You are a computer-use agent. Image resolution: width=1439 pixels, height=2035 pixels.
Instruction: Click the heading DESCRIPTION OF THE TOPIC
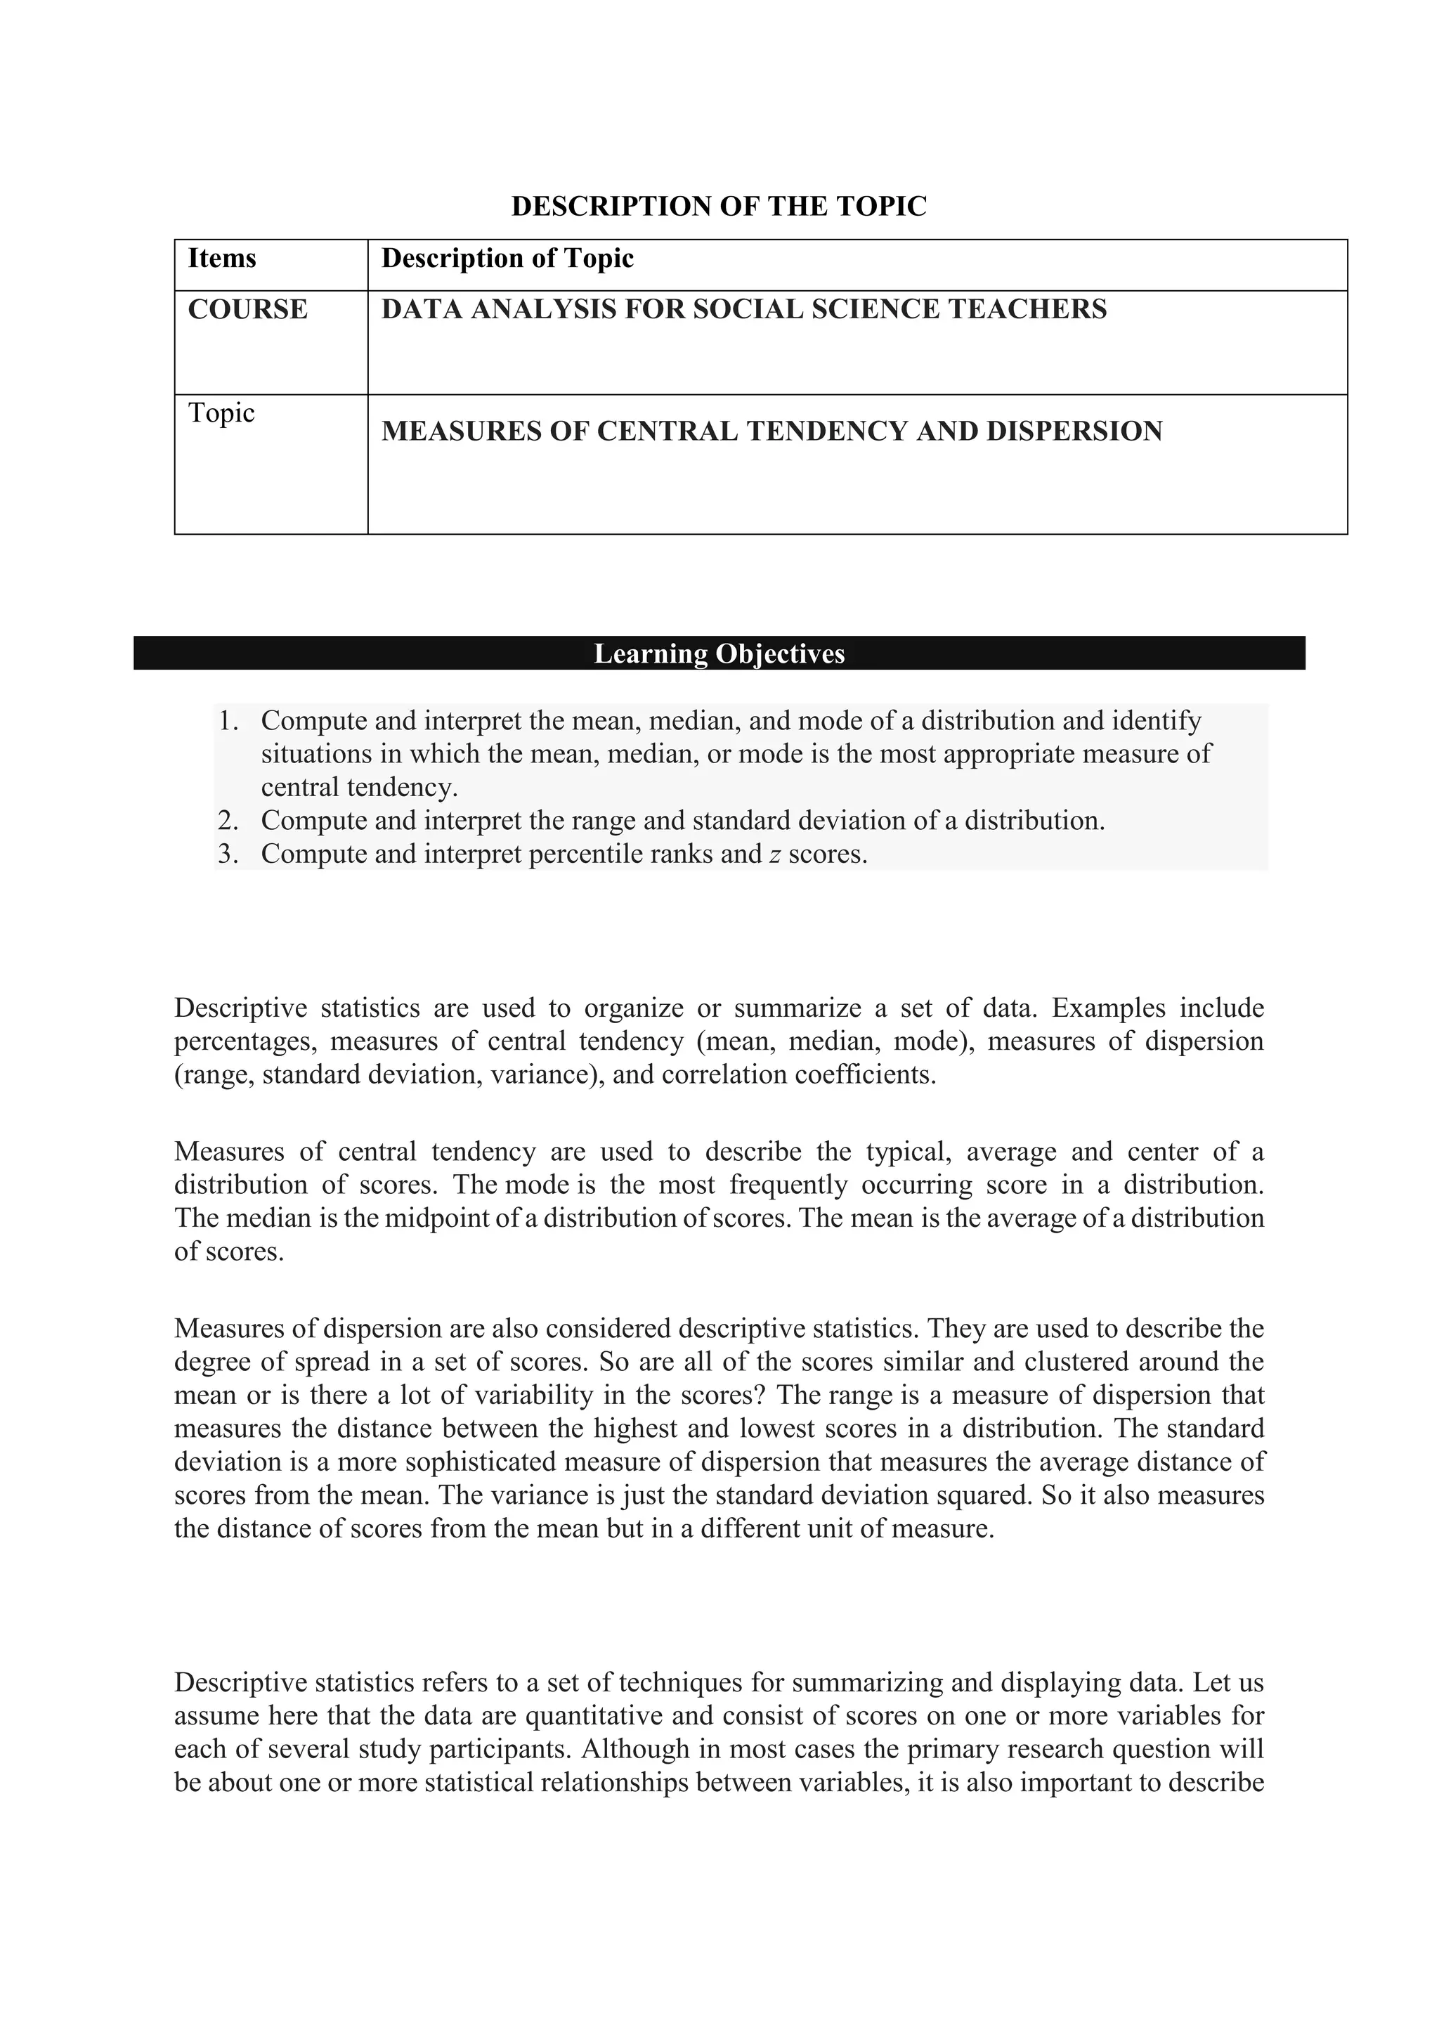pyautogui.click(x=719, y=207)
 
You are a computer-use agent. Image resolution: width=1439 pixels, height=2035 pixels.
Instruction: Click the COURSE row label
pyautogui.click(x=247, y=309)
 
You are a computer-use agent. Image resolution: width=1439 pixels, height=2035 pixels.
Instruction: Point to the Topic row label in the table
pyautogui.click(x=221, y=413)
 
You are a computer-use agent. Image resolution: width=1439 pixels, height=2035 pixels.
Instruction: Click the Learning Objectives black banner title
pyautogui.click(x=719, y=654)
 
